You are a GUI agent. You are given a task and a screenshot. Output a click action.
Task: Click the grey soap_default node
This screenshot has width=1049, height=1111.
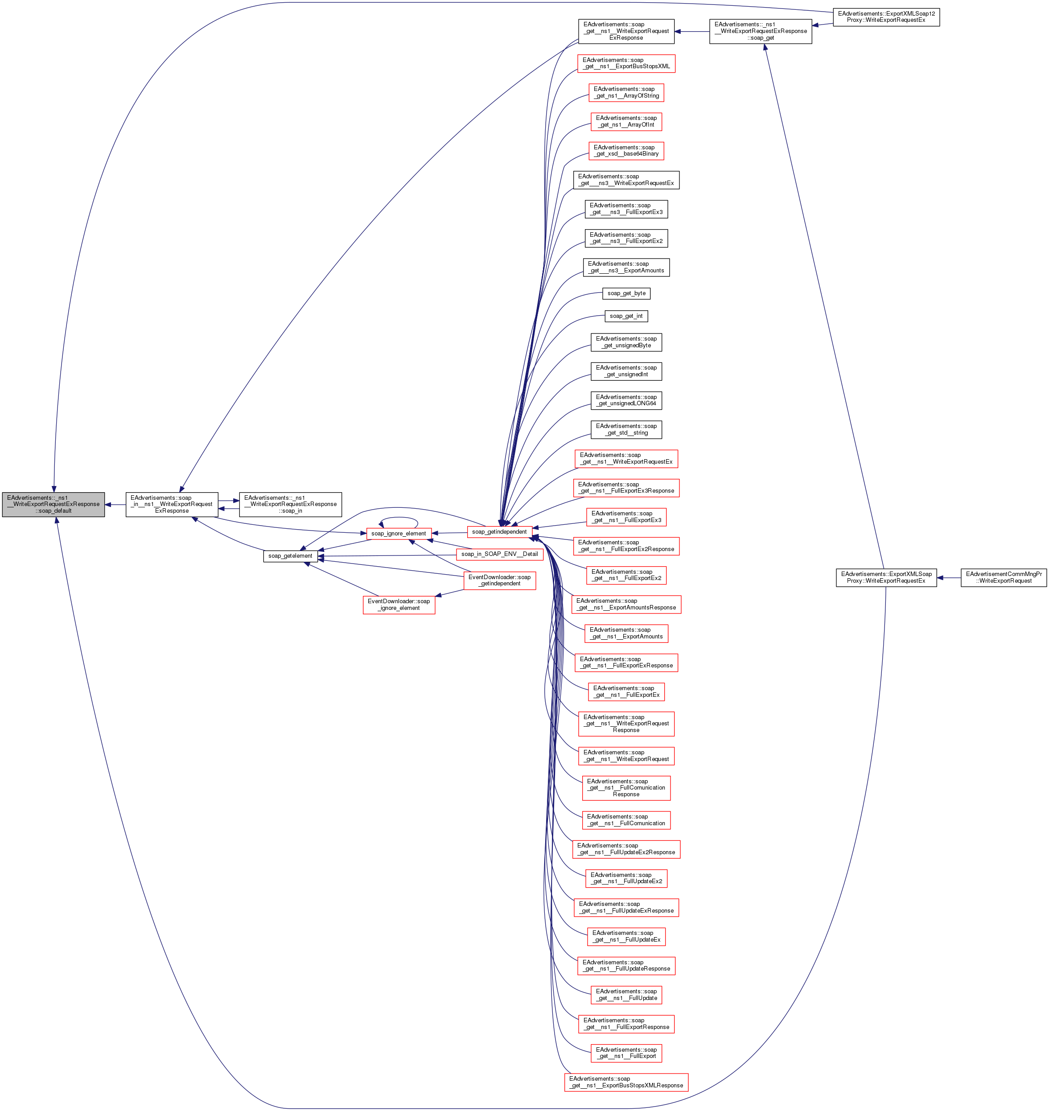(x=53, y=504)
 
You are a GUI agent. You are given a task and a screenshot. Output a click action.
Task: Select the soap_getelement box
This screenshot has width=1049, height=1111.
(x=290, y=556)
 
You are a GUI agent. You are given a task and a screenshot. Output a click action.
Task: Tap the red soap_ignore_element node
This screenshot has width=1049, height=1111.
(x=398, y=533)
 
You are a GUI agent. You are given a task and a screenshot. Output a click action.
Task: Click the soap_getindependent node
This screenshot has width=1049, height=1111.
(x=499, y=532)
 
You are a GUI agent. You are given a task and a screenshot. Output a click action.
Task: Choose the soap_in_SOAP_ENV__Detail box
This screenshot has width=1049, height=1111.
(x=499, y=554)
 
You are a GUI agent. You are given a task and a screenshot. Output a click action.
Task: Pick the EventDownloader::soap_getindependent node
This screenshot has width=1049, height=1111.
(x=499, y=580)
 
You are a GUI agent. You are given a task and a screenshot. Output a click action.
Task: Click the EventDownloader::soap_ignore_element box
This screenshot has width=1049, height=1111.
(x=399, y=605)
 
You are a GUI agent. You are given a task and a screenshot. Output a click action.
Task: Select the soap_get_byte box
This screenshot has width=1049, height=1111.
(x=626, y=293)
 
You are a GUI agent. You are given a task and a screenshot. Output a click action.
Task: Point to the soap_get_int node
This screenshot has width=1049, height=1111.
(x=626, y=316)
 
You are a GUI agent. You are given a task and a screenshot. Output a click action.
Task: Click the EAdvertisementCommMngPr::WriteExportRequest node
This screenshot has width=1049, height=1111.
(x=1003, y=578)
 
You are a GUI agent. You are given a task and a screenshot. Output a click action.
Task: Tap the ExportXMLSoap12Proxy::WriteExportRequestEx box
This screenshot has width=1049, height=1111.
(x=886, y=17)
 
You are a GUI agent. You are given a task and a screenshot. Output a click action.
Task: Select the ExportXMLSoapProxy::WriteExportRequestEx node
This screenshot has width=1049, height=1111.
(x=886, y=578)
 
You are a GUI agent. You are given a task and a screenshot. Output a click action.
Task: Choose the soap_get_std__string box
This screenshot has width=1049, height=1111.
(x=626, y=429)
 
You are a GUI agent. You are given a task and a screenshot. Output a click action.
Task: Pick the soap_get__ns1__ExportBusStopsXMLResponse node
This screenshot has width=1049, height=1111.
(x=626, y=1082)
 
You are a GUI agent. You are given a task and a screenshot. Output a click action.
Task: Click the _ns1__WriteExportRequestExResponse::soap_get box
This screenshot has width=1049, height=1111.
(x=760, y=31)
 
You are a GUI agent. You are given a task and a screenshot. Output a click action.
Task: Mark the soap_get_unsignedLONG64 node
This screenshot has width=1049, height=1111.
(x=626, y=400)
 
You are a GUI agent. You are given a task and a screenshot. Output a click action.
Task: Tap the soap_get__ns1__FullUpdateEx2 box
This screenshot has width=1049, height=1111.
(x=626, y=878)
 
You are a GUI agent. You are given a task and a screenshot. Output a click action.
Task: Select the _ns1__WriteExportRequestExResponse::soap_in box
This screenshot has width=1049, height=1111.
(x=290, y=504)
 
